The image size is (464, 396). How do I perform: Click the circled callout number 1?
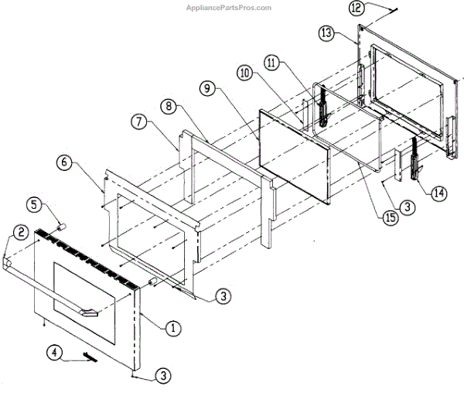click(x=172, y=327)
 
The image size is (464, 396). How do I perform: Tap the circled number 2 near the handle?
click(x=21, y=231)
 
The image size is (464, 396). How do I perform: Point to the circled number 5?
click(x=34, y=206)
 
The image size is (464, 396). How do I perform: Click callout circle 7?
click(x=138, y=122)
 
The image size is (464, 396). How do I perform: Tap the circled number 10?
click(x=244, y=73)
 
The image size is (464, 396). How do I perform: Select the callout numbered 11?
click(x=271, y=61)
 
